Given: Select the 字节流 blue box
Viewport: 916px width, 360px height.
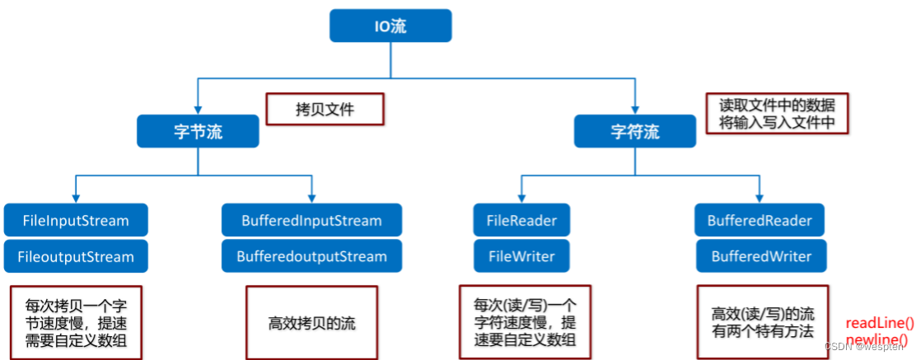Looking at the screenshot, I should click(x=198, y=131).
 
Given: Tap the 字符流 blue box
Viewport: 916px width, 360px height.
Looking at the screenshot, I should click(x=634, y=131).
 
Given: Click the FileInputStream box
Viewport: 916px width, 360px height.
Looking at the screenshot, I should click(x=76, y=220).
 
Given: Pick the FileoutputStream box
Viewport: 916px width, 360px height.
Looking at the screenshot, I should click(x=76, y=256).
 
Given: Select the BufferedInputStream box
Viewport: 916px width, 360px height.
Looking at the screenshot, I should click(x=311, y=220).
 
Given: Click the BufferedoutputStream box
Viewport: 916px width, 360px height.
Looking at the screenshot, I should click(x=311, y=256).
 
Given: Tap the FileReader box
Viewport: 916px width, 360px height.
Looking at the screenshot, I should click(x=521, y=220).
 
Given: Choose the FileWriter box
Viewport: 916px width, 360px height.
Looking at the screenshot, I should click(x=521, y=256).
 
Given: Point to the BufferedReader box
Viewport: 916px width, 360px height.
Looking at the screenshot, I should click(x=759, y=220).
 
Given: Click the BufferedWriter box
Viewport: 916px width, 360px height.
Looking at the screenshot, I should click(x=759, y=256).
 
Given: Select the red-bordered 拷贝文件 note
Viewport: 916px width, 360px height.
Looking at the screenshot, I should click(x=325, y=109).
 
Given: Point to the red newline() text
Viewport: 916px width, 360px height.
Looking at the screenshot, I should click(x=880, y=339).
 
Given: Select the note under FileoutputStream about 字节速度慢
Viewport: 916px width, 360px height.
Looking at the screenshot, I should click(x=76, y=321).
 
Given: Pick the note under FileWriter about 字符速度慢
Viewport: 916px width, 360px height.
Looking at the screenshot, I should click(x=525, y=321).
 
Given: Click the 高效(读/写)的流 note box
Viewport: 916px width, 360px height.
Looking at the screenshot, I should click(x=763, y=322).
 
